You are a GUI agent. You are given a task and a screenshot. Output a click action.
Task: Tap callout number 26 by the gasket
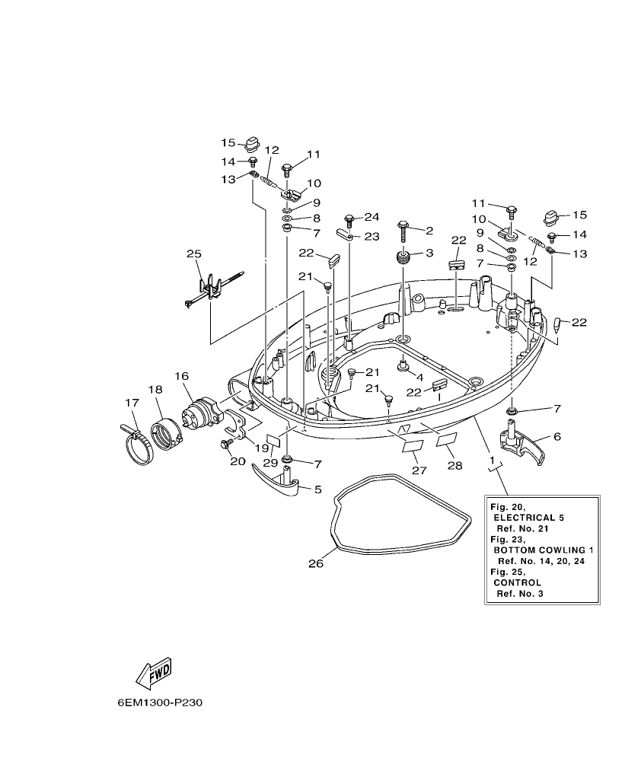point(315,564)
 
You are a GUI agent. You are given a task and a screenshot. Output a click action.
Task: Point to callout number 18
point(155,390)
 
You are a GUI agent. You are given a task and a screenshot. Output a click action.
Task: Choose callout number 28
point(454,465)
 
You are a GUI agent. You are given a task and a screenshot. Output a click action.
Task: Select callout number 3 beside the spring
point(429,252)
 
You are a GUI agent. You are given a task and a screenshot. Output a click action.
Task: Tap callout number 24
point(371,216)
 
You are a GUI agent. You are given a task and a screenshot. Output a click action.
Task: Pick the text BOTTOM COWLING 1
point(543,550)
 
